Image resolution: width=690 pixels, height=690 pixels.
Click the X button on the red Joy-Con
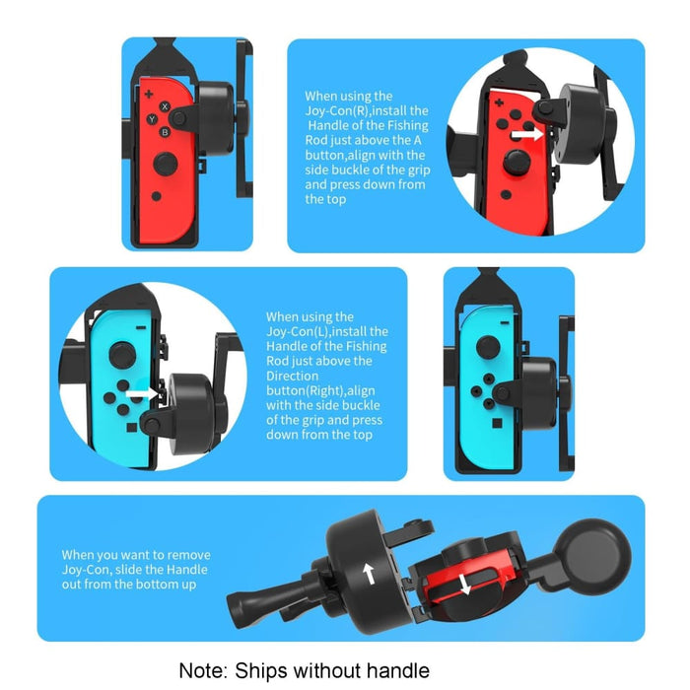tap(165, 107)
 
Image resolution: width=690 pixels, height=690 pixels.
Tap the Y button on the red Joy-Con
tap(153, 119)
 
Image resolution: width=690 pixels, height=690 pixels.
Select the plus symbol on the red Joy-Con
tap(148, 96)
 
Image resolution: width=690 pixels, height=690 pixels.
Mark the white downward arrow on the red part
tap(464, 585)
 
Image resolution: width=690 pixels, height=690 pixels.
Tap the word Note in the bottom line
tap(203, 670)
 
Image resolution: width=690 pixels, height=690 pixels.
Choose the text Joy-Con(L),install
tap(326, 331)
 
